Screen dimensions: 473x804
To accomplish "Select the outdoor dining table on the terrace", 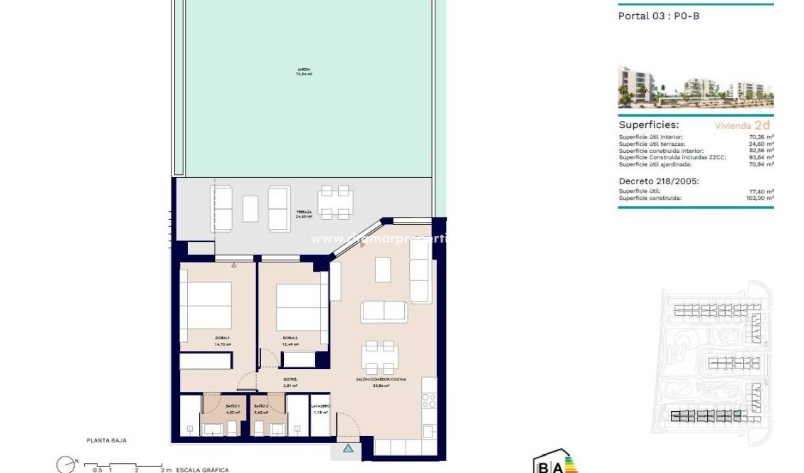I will point(334,203).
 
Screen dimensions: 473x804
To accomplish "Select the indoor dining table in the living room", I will point(379,357).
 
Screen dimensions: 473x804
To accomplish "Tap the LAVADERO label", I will point(321,406).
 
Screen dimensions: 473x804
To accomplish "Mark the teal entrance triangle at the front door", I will point(347,449).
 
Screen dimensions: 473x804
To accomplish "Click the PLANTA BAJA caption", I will point(106,441).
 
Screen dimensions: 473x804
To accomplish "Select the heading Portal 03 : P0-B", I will point(658,16).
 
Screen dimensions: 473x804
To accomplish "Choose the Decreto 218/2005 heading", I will point(659,181).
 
